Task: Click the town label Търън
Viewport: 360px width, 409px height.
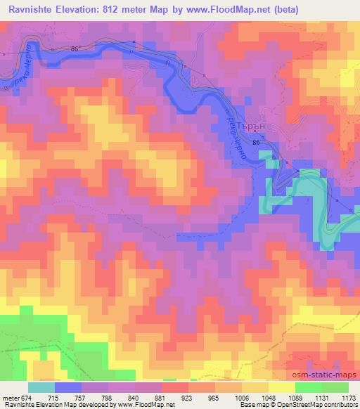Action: coord(252,128)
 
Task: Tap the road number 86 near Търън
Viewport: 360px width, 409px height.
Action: coord(256,143)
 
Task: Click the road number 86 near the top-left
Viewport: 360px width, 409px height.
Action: coord(75,47)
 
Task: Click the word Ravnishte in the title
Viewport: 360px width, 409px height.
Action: coord(32,10)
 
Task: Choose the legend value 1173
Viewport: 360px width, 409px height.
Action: coord(348,398)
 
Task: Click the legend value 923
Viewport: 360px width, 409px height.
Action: coord(187,398)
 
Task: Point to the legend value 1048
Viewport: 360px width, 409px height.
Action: coord(268,398)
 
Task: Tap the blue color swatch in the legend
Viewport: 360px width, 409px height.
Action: coord(68,387)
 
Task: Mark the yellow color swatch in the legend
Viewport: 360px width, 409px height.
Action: coord(281,387)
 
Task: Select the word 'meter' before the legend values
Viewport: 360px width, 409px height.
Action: coord(11,398)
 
